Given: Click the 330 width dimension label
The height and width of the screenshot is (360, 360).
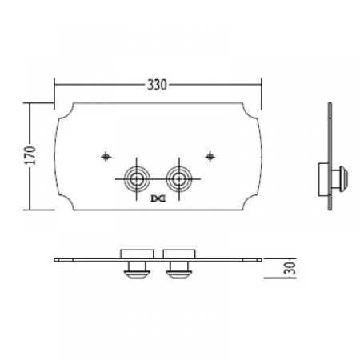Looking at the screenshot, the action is click(157, 85).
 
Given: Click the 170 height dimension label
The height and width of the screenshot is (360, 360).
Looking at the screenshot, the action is click(30, 155).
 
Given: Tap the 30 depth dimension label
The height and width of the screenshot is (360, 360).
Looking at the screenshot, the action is click(290, 268).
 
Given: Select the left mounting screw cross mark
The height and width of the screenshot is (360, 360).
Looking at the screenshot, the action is click(106, 157).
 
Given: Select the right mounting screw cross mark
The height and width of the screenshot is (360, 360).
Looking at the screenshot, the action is click(210, 156).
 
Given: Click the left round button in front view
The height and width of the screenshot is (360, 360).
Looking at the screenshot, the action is click(137, 179).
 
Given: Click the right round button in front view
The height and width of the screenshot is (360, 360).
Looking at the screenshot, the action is click(179, 179).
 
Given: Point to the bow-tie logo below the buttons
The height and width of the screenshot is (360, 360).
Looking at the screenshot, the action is click(158, 198).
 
